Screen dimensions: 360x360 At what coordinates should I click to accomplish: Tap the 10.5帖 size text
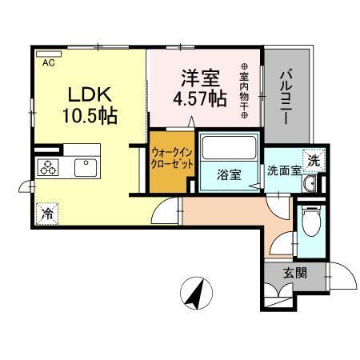coord(90,116)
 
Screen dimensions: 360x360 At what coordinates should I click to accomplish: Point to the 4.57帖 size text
coord(199,100)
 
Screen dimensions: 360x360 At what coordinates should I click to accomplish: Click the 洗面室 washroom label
coord(282,170)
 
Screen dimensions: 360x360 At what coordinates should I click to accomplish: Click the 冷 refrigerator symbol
coord(48,214)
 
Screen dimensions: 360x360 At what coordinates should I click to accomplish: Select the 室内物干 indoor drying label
coord(244,92)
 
